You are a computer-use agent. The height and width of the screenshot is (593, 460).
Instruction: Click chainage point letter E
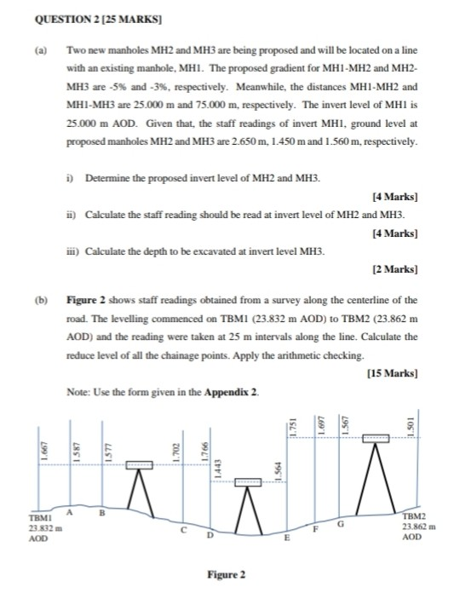(286, 540)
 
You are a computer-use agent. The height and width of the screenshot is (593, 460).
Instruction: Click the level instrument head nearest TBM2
(376, 439)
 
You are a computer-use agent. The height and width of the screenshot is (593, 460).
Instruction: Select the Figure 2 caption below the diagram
(229, 573)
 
